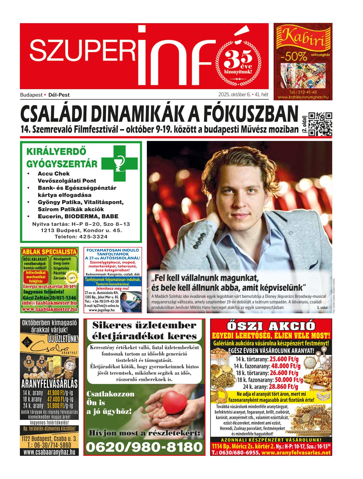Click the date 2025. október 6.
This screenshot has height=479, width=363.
click(x=234, y=95)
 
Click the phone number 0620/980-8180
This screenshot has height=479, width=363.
click(x=144, y=447)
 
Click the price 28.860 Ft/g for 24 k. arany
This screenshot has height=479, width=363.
click(x=283, y=386)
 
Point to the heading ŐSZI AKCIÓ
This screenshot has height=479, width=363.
click(x=271, y=326)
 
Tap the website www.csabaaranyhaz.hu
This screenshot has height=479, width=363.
click(x=49, y=452)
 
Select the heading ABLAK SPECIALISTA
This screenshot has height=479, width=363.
click(x=49, y=251)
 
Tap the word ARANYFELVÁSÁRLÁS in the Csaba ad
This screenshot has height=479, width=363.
click(x=49, y=383)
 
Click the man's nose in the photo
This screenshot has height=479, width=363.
click(x=239, y=201)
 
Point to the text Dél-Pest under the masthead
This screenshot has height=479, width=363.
click(x=59, y=95)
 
